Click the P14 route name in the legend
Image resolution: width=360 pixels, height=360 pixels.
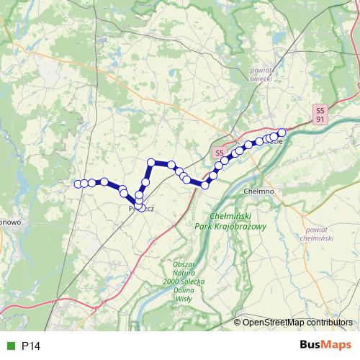click(31, 346)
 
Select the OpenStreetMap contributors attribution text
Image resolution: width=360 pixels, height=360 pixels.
click(298, 323)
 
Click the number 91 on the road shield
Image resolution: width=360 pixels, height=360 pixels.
click(320, 120)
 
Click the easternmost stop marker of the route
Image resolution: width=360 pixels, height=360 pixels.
click(282, 132)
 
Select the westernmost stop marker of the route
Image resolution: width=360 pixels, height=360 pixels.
click(77, 184)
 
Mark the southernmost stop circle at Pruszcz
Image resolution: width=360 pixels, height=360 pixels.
click(138, 209)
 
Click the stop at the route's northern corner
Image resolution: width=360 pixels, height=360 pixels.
click(151, 163)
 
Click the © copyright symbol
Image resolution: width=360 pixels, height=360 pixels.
click(238, 323)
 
